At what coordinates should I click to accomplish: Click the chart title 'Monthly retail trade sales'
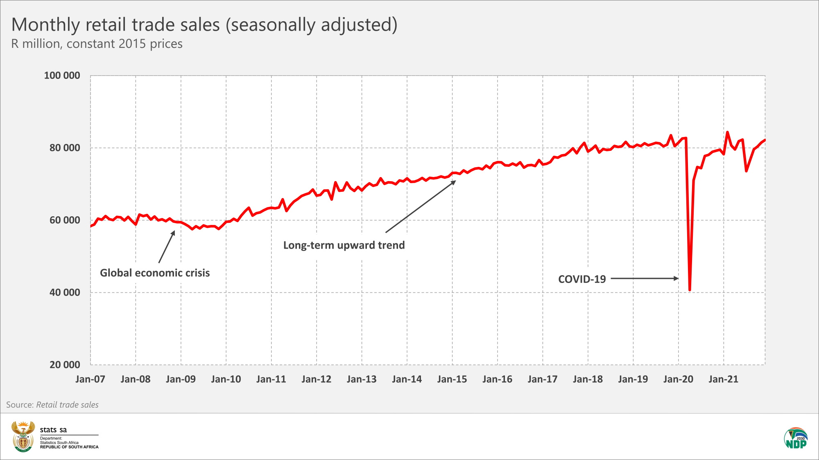point(204,25)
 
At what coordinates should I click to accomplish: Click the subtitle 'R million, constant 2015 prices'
point(97,44)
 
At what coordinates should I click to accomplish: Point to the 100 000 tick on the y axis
point(62,76)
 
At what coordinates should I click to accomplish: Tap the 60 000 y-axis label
point(65,220)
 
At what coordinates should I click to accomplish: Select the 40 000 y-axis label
point(65,293)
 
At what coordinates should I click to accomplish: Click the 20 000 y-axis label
point(65,365)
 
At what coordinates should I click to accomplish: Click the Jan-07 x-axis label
point(90,379)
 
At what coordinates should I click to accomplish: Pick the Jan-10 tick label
point(226,379)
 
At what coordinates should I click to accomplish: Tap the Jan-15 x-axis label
point(452,379)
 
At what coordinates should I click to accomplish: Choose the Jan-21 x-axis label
point(724,379)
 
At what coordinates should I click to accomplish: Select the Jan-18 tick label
point(588,379)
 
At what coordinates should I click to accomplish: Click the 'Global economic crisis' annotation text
point(155,273)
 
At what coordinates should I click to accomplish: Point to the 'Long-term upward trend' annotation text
point(344,245)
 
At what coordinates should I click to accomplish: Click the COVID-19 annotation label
point(582,279)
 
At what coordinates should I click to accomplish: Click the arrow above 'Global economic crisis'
point(167,247)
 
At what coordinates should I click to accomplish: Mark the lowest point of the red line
point(690,290)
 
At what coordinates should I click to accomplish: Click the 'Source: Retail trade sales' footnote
point(52,405)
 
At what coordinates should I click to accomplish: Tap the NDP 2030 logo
point(796,438)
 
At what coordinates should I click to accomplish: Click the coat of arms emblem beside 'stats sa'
point(23,436)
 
